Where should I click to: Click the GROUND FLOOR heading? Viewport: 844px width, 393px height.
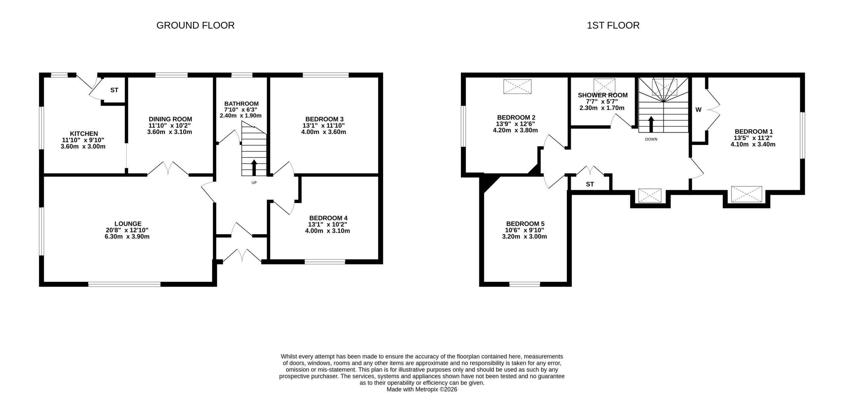click(x=195, y=25)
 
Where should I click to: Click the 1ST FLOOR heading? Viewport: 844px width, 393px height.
click(x=613, y=25)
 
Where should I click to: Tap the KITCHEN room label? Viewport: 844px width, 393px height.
click(x=84, y=134)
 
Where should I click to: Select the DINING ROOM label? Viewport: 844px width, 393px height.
click(x=170, y=119)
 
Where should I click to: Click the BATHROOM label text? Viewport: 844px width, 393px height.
click(x=241, y=104)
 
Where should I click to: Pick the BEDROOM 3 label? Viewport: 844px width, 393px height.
click(x=324, y=119)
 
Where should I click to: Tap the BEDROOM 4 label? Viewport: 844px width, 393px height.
click(x=328, y=218)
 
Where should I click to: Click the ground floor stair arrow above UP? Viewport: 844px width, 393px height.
click(x=254, y=168)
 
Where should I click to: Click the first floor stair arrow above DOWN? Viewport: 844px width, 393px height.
click(x=651, y=124)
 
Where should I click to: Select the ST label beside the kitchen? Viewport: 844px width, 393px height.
click(x=114, y=90)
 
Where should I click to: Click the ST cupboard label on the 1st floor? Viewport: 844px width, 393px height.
click(x=590, y=184)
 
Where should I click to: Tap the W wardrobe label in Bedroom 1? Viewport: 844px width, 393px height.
click(x=698, y=110)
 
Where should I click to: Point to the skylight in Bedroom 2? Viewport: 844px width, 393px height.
click(x=517, y=86)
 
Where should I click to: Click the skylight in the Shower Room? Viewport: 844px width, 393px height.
click(x=604, y=86)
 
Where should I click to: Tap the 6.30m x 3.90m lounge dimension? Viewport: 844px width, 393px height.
click(x=128, y=237)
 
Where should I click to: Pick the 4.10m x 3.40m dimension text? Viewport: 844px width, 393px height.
click(x=753, y=144)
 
